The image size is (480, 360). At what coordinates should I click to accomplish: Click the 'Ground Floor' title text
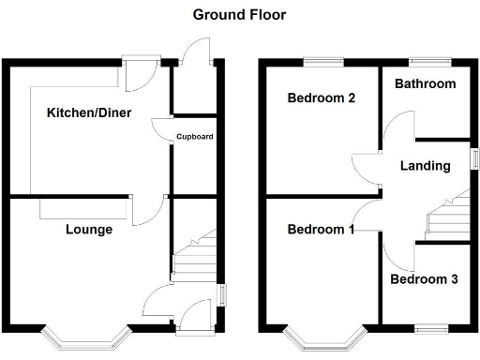point(239,14)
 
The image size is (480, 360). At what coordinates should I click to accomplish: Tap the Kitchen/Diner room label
point(88,113)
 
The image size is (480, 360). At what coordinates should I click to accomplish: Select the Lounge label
point(89,230)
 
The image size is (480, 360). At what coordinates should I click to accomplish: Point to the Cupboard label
point(194,137)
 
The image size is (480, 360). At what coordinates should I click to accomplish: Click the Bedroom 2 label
point(321,98)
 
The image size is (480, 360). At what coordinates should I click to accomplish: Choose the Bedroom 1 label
point(321,231)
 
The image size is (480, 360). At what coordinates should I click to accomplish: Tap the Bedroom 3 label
point(425,278)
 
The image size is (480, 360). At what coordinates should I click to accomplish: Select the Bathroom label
point(425,83)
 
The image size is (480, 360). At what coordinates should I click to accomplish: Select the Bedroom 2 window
point(321,63)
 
